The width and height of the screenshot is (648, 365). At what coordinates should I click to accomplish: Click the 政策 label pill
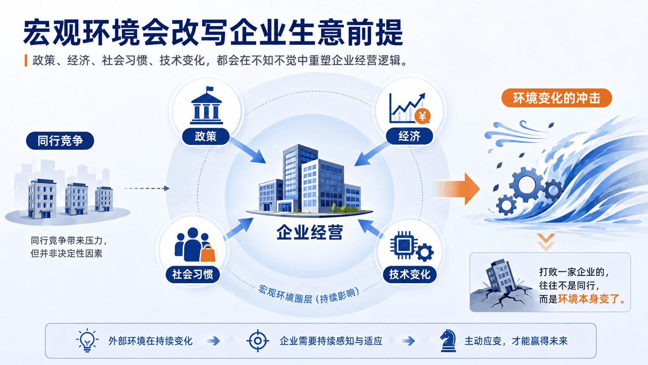point(206,136)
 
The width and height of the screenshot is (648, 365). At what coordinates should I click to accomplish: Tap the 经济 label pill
point(409,136)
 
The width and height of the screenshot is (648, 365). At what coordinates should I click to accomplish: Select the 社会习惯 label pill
point(193,274)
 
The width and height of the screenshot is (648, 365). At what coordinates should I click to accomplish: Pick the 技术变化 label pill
point(409,274)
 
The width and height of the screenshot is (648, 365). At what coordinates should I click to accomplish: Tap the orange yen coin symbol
point(423,116)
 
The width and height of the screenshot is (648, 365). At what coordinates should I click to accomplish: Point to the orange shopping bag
point(208,254)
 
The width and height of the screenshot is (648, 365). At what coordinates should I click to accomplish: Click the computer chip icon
point(404,246)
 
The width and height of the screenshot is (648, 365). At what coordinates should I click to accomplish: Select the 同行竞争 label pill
point(60,141)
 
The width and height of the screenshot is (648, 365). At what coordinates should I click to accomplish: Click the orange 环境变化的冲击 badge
point(556,98)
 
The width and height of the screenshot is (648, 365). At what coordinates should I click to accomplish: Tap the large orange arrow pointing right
point(457,189)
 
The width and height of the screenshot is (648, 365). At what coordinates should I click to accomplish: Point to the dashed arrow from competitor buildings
point(147,189)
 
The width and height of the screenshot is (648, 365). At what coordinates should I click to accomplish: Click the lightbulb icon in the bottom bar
point(87,341)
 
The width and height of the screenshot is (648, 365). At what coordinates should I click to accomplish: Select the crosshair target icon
point(258,341)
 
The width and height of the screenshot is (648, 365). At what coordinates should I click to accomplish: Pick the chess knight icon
point(448,341)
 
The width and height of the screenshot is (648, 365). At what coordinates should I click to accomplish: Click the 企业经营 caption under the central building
point(310,232)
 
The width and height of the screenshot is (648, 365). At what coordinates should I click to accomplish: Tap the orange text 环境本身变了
point(588,299)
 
